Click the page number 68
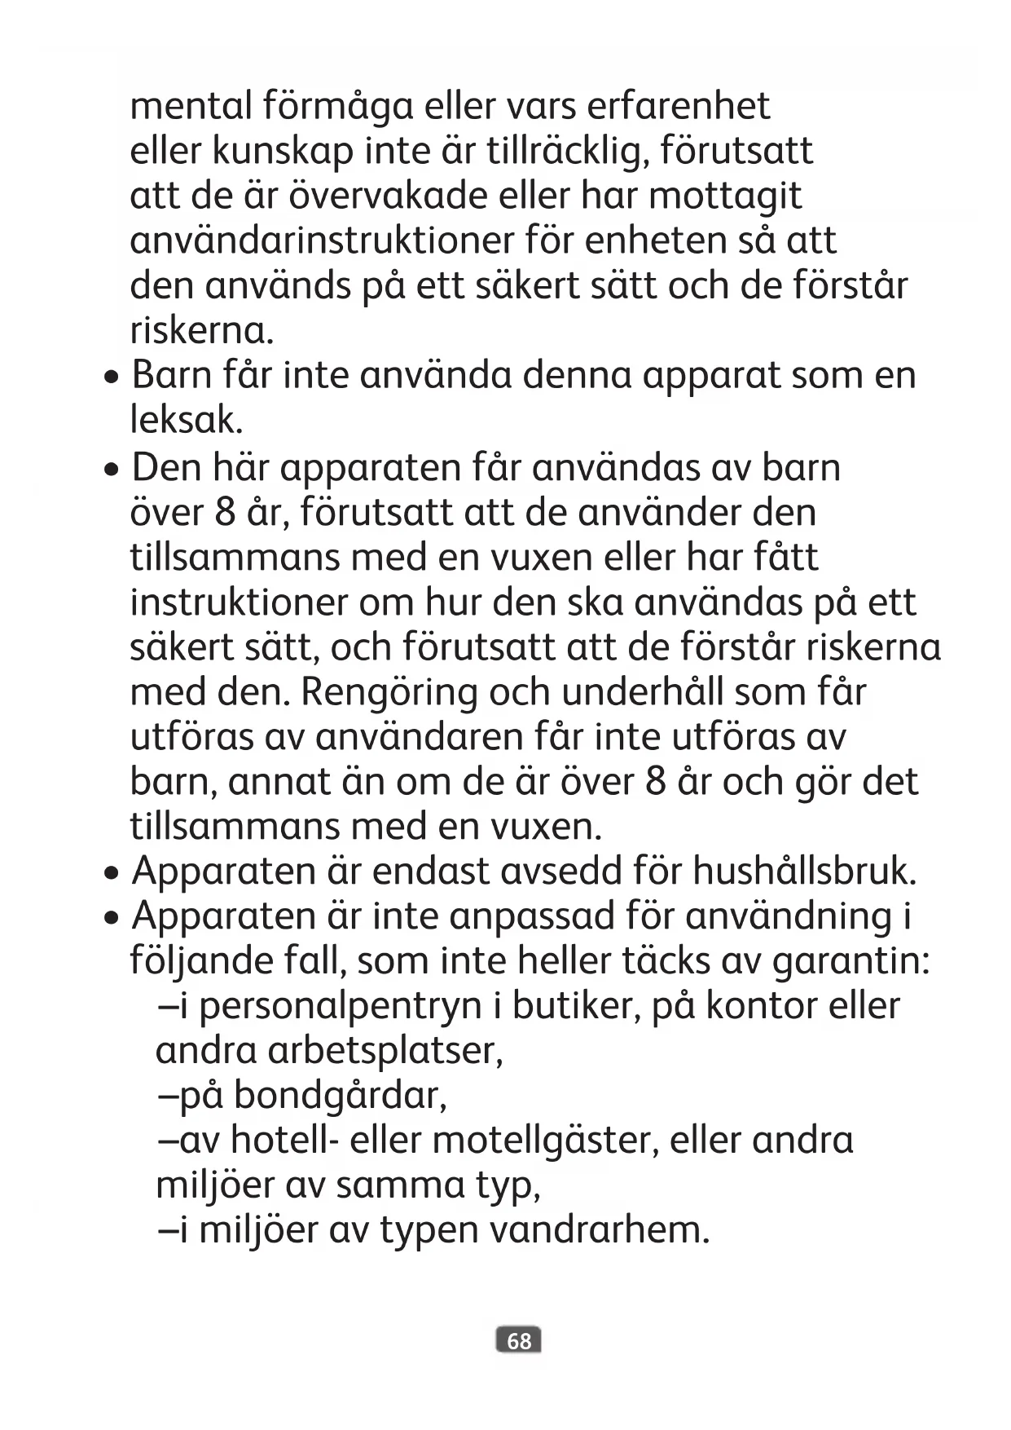pos(518,1341)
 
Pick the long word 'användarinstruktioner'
pos(323,241)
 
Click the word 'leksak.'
pos(187,421)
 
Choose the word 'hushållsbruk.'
pos(805,872)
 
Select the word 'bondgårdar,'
pos(341,1097)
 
